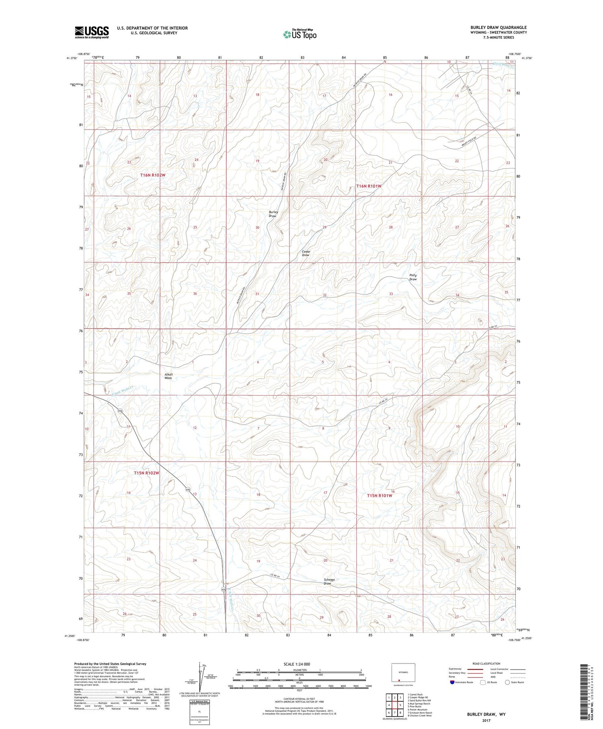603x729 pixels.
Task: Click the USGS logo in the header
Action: tap(92, 32)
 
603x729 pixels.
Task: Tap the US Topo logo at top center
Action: tap(299, 35)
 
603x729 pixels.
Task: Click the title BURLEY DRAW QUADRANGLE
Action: tap(493, 27)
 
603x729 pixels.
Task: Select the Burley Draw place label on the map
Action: tap(273, 214)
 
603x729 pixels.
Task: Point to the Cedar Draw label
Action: tap(306, 253)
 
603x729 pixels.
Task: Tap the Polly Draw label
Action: tap(413, 277)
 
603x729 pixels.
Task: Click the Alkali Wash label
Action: tap(168, 376)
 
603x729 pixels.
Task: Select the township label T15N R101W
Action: tap(379, 496)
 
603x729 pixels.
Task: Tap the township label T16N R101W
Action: tap(369, 186)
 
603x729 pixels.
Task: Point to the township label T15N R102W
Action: tap(147, 473)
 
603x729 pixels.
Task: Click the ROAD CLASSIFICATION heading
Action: tap(486, 663)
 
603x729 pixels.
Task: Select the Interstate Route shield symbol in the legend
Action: tap(452, 682)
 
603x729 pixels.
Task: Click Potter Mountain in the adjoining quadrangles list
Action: tap(418, 710)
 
